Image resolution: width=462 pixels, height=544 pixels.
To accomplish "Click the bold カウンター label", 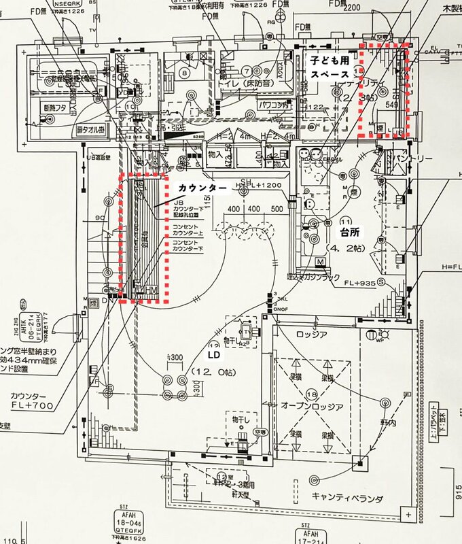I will point(197,186).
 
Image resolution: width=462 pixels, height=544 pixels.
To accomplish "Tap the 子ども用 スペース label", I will point(330,67).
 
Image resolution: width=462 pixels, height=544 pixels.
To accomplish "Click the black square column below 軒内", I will point(359,465).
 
